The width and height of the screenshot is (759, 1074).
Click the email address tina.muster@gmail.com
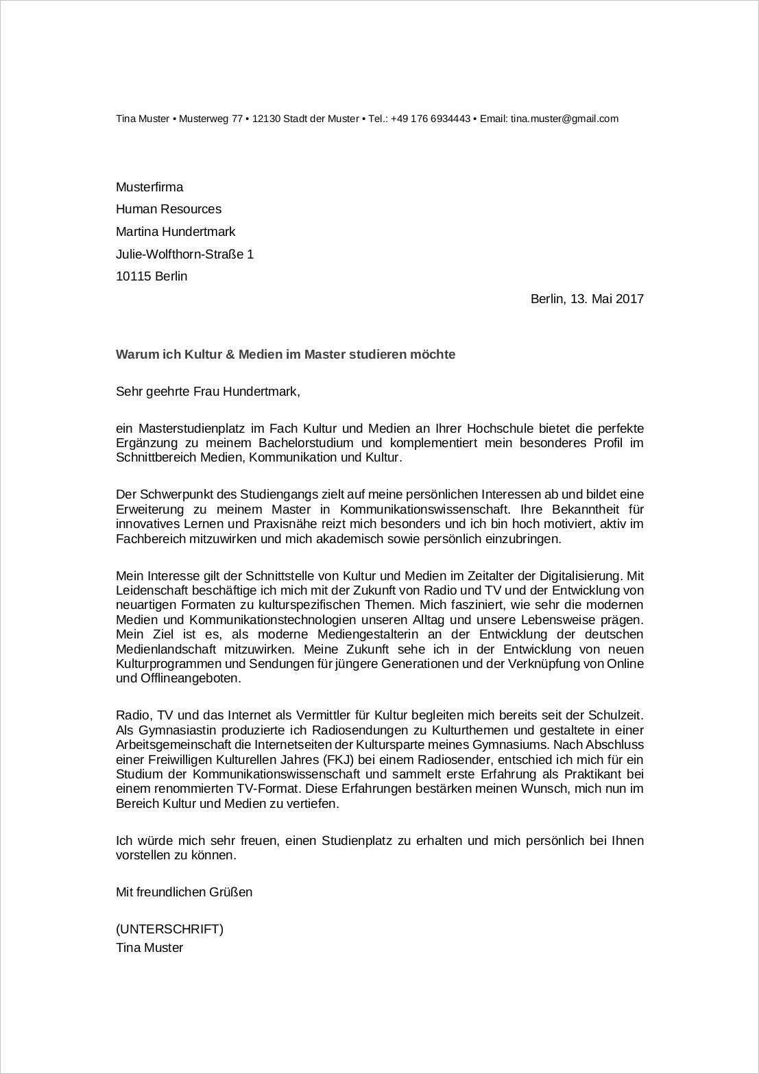coord(564,119)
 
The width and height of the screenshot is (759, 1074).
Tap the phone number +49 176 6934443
coord(431,119)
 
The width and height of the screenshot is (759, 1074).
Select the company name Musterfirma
coord(149,187)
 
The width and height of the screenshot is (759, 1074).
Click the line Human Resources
coord(169,209)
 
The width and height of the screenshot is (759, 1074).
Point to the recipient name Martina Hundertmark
coord(176,232)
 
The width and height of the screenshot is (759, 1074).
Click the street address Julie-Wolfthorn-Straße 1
coord(184,254)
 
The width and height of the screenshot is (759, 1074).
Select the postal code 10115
coord(133,276)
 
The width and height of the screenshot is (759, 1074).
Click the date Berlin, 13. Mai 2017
coord(587,299)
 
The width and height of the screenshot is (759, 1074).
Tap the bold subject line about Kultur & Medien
coord(285,355)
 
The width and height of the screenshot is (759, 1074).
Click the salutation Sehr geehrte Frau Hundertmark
coord(208,392)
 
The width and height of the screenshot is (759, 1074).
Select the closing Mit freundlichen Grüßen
coord(184,892)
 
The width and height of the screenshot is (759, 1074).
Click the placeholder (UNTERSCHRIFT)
coord(169,929)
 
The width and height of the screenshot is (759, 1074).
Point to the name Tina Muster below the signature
coord(149,948)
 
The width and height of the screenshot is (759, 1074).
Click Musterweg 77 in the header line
coord(210,119)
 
